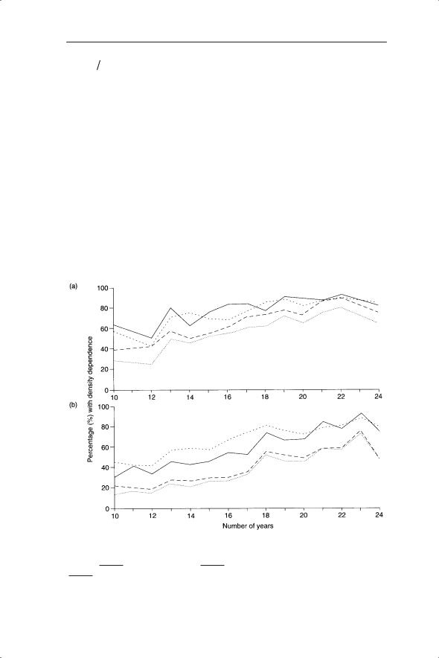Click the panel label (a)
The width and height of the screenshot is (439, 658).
coord(74,287)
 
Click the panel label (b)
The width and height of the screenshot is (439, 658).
coord(74,406)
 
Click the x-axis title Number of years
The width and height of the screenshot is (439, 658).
coord(248,526)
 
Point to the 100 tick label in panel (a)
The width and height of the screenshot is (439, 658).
coord(103,288)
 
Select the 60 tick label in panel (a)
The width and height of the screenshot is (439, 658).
coord(105,329)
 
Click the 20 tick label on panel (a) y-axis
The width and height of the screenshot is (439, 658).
coord(105,370)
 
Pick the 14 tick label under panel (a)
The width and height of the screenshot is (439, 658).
coord(190,397)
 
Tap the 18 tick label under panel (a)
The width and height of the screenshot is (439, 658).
coord(265,397)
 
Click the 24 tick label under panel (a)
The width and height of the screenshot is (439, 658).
coord(379,397)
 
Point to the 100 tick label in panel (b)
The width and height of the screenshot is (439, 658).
coord(103,406)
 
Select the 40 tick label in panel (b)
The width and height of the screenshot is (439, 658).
coord(105,468)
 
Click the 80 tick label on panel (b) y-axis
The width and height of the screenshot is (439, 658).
coord(105,427)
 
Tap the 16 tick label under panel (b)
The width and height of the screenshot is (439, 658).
coord(227,516)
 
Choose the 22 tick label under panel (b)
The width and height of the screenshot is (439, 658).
coord(341,516)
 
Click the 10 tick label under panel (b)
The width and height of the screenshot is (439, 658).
coord(114,516)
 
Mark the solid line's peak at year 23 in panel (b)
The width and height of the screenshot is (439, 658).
coord(361,413)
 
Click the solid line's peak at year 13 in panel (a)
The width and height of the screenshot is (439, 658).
coord(170,308)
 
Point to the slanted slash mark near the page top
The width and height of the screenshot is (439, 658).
coord(99,64)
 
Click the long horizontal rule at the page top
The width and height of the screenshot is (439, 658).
coord(226,42)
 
